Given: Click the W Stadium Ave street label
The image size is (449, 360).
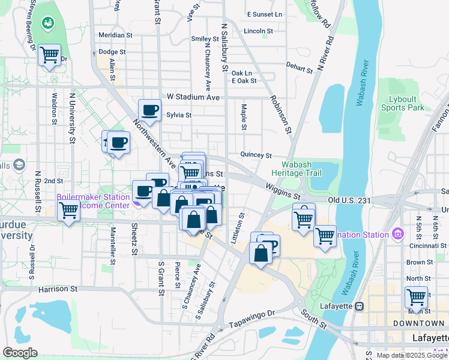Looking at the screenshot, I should (193, 97).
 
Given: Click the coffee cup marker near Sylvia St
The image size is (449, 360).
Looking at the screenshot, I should (149, 110).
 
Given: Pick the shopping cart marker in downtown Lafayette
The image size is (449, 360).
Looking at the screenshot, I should (415, 297).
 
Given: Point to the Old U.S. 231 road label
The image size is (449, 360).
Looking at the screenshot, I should (351, 200).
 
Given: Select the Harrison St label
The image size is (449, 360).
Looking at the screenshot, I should (58, 289).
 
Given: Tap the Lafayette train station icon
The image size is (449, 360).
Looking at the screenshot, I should (359, 306).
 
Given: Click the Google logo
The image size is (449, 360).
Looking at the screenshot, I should (20, 353).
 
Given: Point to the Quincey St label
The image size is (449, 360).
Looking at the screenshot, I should (256, 154).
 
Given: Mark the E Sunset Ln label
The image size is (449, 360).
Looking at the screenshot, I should (264, 14).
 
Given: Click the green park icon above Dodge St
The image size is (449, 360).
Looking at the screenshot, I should (47, 23).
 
